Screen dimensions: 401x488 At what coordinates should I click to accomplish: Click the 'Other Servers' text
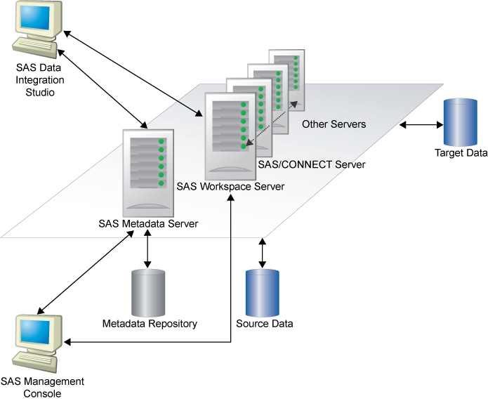pos(334,124)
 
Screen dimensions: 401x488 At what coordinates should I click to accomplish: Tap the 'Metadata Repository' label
pos(150,324)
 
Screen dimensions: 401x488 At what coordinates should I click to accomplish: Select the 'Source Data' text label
pos(264,324)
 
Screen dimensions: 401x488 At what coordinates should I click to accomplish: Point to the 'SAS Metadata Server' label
pos(148,224)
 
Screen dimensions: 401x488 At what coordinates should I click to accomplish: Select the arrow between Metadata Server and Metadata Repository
pos(147,249)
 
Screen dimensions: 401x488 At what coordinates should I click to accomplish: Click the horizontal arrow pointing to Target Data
pos(421,126)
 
